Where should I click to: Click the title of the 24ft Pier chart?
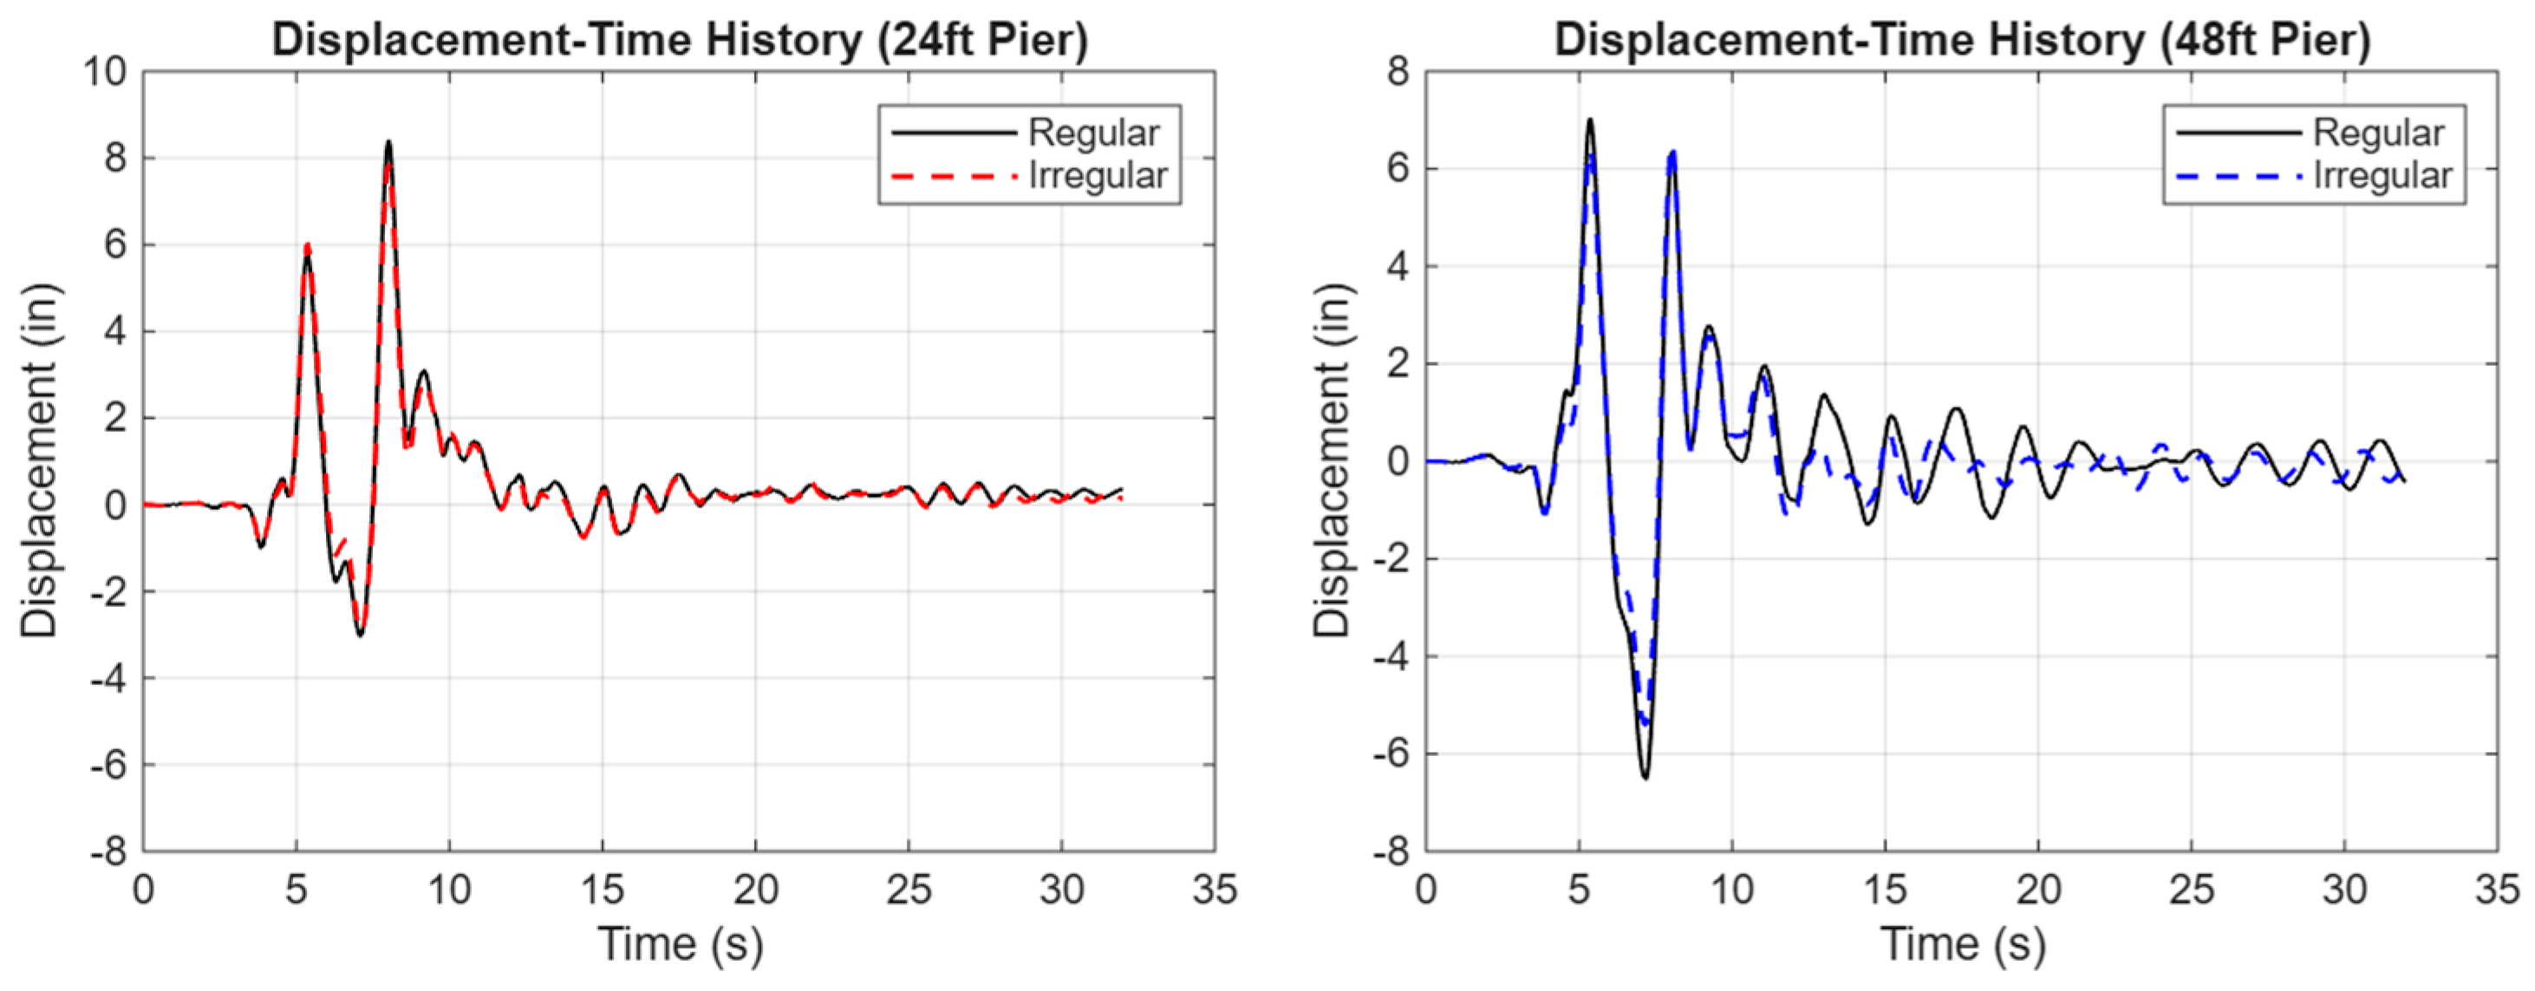pos(680,41)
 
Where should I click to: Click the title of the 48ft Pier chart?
pos(1962,41)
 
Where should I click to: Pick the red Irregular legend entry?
pos(1028,176)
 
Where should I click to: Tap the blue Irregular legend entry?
pos(2312,176)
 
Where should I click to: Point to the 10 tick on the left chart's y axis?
pos(104,71)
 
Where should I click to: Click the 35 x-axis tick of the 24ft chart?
pos(1215,890)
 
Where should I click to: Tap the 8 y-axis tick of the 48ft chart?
pos(1398,71)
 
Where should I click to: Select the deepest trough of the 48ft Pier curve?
pos(1645,778)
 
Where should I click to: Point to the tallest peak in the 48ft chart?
pos(1589,119)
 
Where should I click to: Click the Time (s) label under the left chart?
pos(680,945)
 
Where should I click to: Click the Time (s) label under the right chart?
pos(1962,945)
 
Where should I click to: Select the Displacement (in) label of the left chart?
pos(39,460)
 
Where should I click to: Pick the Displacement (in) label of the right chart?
pos(1333,460)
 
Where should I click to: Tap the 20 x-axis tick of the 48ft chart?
pos(2038,890)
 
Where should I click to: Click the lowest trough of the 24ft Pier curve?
pos(360,635)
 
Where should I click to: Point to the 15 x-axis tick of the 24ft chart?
pos(603,890)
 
